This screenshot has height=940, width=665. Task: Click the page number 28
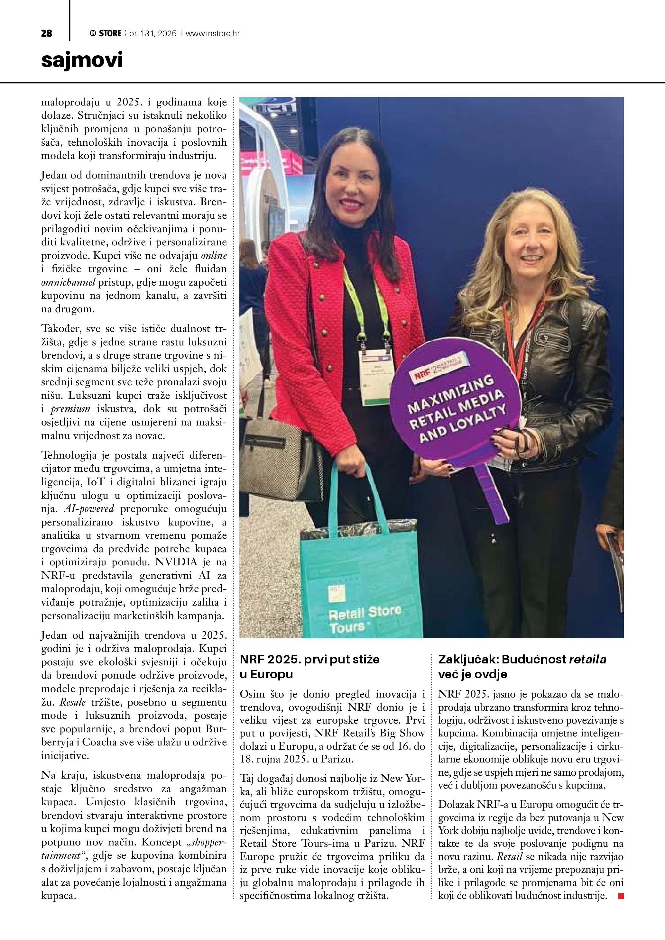(x=46, y=33)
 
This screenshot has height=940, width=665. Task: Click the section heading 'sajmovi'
(x=82, y=60)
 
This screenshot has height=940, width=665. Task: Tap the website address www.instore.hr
(x=213, y=33)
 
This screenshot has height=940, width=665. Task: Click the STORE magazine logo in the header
(x=106, y=33)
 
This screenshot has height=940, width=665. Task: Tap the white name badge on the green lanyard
(x=376, y=377)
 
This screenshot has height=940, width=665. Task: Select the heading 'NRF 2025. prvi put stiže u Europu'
(x=309, y=667)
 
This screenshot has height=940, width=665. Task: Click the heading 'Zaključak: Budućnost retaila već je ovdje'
(x=522, y=667)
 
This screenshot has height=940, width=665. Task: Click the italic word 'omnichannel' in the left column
(x=68, y=282)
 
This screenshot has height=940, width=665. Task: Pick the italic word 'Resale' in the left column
(x=73, y=702)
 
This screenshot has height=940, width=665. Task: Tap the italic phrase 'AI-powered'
(x=88, y=508)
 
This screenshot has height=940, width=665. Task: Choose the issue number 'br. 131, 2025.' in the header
(x=153, y=33)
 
